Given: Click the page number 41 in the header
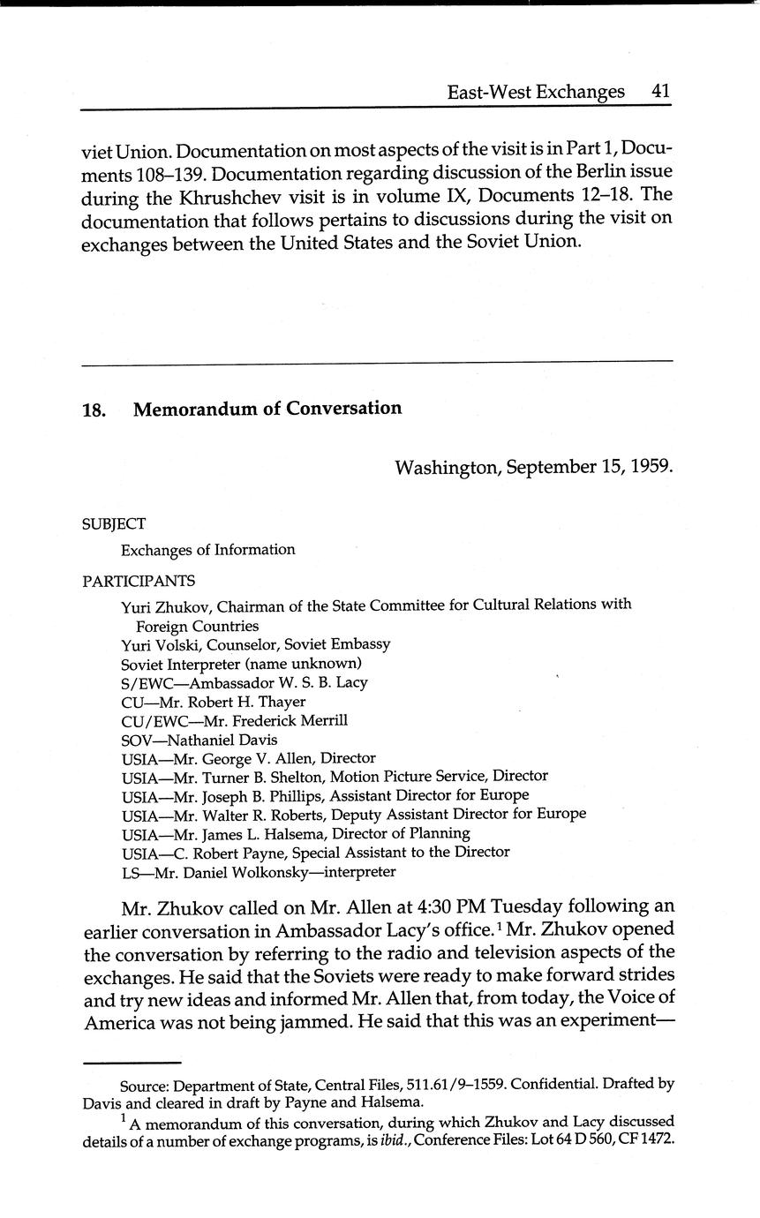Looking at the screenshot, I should [660, 92].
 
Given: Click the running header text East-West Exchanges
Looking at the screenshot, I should [535, 92].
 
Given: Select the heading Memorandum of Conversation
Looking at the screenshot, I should [267, 409].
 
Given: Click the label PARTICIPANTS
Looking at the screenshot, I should [139, 581].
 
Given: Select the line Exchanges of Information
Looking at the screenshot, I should [207, 550].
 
